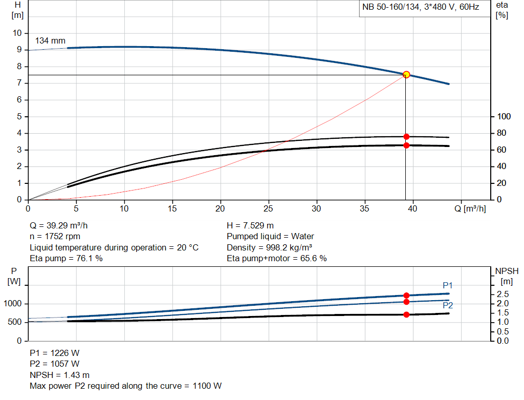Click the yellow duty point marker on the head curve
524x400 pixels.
pyautogui.click(x=406, y=74)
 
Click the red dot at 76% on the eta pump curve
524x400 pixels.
pyautogui.click(x=406, y=137)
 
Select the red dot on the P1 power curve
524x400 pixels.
pyautogui.click(x=406, y=296)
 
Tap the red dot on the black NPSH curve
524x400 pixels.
pyautogui.click(x=406, y=314)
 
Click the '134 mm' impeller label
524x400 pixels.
pyautogui.click(x=50, y=41)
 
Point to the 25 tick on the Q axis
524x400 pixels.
pyautogui.click(x=269, y=208)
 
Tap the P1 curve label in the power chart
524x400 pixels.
pyautogui.click(x=448, y=285)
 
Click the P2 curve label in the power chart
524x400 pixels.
pyautogui.click(x=448, y=305)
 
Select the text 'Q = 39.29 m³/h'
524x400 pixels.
pyautogui.click(x=62, y=225)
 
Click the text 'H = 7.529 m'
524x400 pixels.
pyautogui.click(x=250, y=225)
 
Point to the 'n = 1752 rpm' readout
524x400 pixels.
pyautogui.click(x=55, y=236)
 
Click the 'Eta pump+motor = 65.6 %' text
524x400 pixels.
pyautogui.click(x=277, y=258)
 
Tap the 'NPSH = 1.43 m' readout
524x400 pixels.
pyautogui.click(x=59, y=375)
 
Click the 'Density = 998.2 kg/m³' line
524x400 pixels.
pyautogui.click(x=271, y=247)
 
